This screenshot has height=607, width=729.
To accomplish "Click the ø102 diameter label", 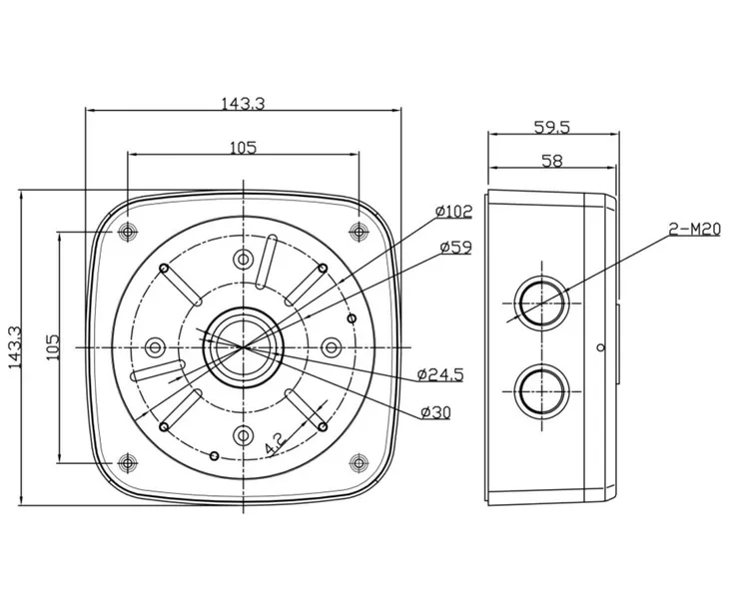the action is (x=453, y=212).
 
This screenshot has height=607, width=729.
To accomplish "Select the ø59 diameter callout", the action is (x=455, y=248).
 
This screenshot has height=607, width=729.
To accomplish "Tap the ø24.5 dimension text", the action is (x=440, y=374).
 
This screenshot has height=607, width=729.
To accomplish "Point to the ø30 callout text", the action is (x=435, y=411).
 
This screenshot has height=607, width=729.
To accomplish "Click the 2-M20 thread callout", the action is (x=694, y=229).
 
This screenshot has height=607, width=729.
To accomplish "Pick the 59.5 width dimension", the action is (x=552, y=127).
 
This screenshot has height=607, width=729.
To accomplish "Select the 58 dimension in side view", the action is (x=552, y=161).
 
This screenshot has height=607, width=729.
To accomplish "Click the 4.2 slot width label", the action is (x=275, y=443).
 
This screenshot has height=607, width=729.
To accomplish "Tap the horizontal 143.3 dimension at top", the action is (x=243, y=103).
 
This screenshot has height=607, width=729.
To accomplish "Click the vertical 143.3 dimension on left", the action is (x=15, y=347).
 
